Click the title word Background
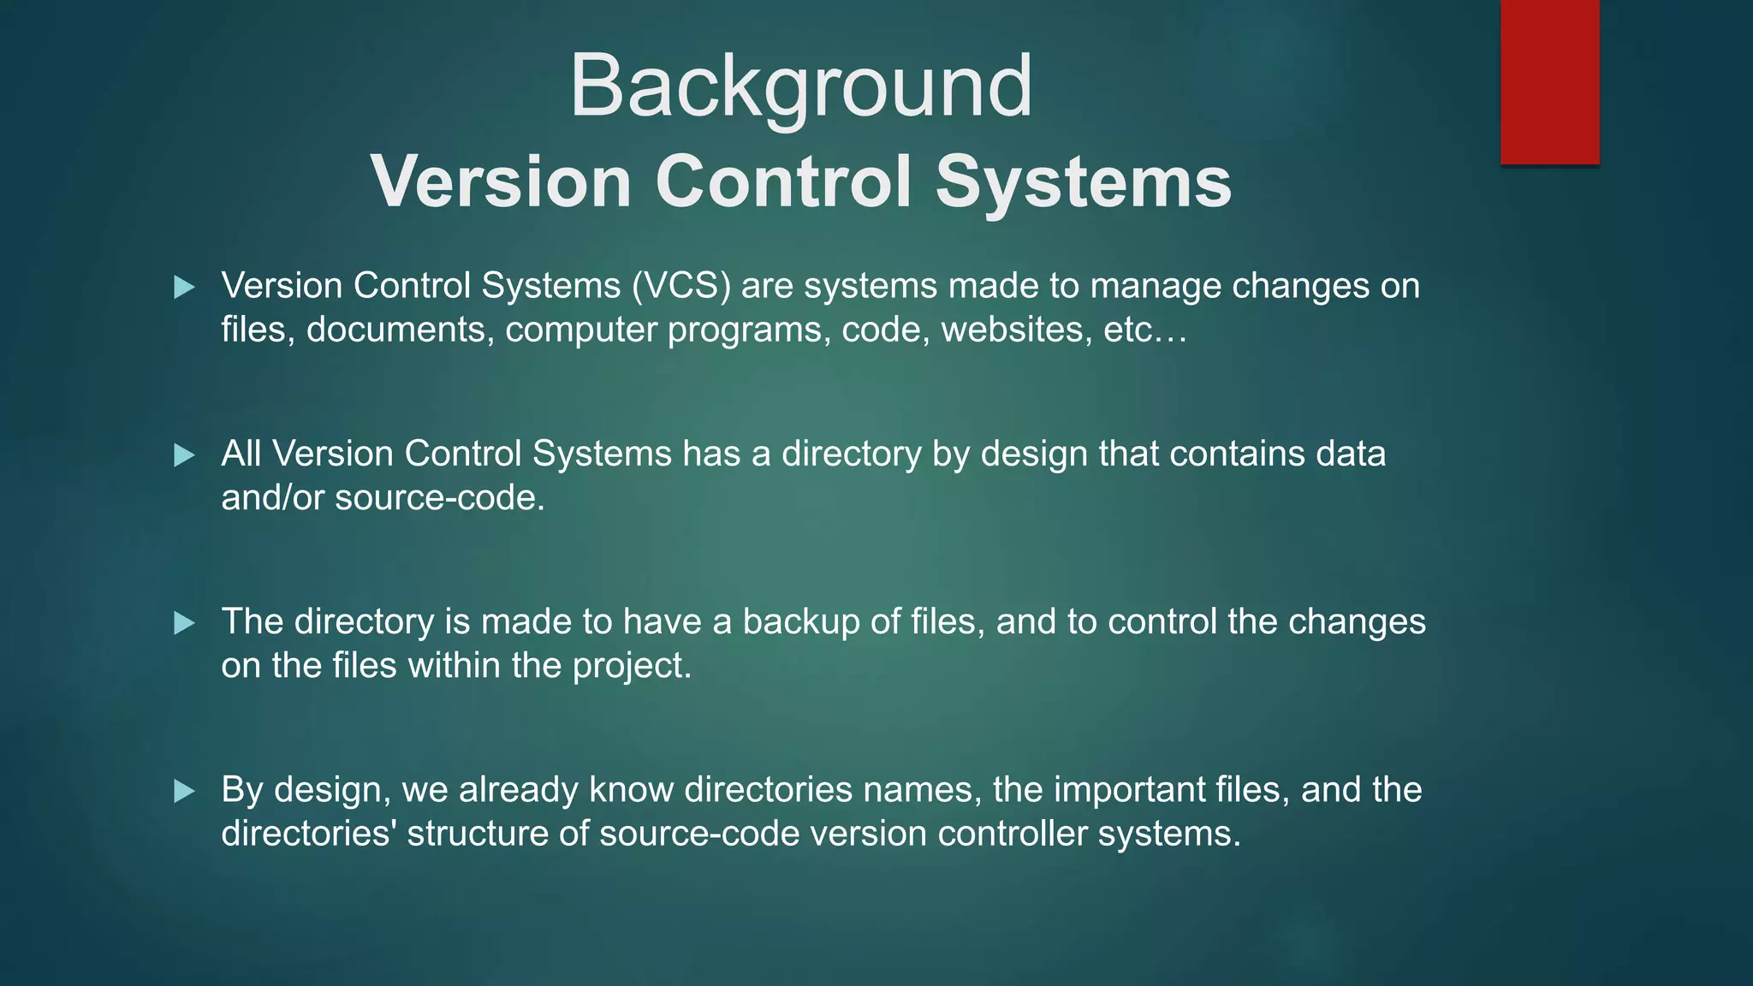pyautogui.click(x=800, y=86)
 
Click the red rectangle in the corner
pyautogui.click(x=1549, y=81)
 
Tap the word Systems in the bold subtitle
pyautogui.click(x=1083, y=181)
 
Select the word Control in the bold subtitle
pyautogui.click(x=783, y=181)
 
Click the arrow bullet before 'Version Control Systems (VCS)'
pyautogui.click(x=184, y=287)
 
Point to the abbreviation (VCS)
pyautogui.click(x=681, y=286)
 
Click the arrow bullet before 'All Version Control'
pyautogui.click(x=184, y=454)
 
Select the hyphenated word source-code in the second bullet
pyautogui.click(x=439, y=498)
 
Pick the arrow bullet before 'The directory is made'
pyautogui.click(x=184, y=622)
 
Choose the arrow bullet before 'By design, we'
pyautogui.click(x=184, y=790)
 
